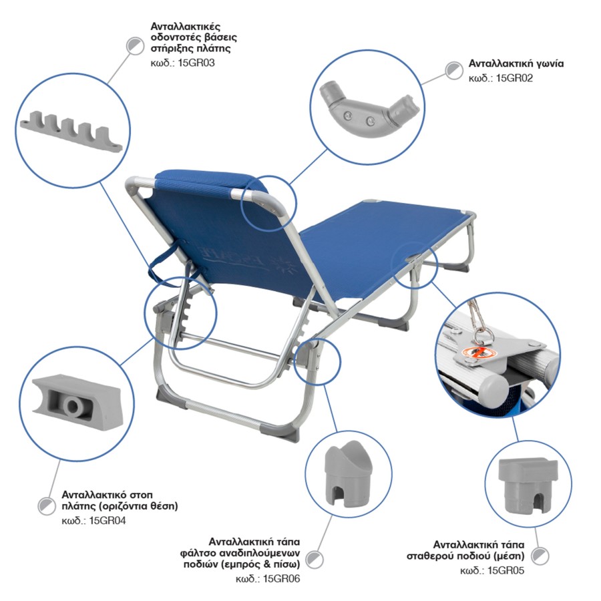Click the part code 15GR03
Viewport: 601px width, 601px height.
pos(196,63)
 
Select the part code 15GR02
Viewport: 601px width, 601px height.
pos(514,78)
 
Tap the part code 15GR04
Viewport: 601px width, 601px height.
pos(108,521)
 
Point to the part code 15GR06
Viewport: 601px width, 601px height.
pos(282,578)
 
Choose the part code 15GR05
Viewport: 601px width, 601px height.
pos(506,570)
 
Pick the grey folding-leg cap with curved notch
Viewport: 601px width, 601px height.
pos(349,473)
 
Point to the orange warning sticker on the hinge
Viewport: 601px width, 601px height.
pos(478,353)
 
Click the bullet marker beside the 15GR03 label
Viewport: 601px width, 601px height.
pos(135,45)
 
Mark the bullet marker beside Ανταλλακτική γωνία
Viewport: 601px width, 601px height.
pos(454,71)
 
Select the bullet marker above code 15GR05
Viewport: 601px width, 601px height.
pos(540,556)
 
